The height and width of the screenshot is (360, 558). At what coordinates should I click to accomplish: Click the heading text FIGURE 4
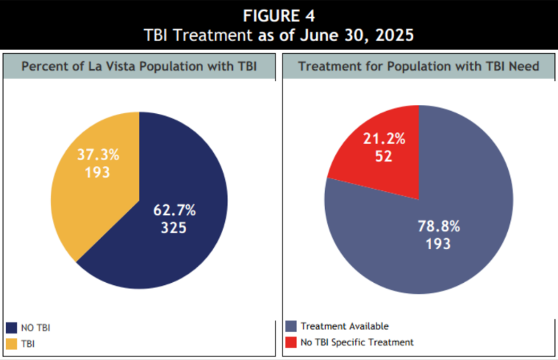279,15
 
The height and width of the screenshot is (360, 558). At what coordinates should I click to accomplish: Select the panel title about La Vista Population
138,66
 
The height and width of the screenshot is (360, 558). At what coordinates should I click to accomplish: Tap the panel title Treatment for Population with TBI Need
418,66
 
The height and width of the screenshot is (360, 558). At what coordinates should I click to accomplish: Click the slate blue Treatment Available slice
441,242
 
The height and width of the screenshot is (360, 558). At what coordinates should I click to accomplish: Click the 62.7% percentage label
174,210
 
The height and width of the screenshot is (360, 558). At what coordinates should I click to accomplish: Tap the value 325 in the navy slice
174,228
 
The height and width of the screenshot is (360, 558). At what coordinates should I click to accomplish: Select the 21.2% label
380,139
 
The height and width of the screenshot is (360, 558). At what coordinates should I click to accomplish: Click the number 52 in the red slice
381,156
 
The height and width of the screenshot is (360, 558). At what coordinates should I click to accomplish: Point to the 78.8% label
438,226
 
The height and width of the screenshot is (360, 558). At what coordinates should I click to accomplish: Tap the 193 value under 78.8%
438,244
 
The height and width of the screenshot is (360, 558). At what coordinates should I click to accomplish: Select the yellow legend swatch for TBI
12,343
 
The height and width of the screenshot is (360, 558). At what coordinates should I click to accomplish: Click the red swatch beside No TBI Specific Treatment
290,342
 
